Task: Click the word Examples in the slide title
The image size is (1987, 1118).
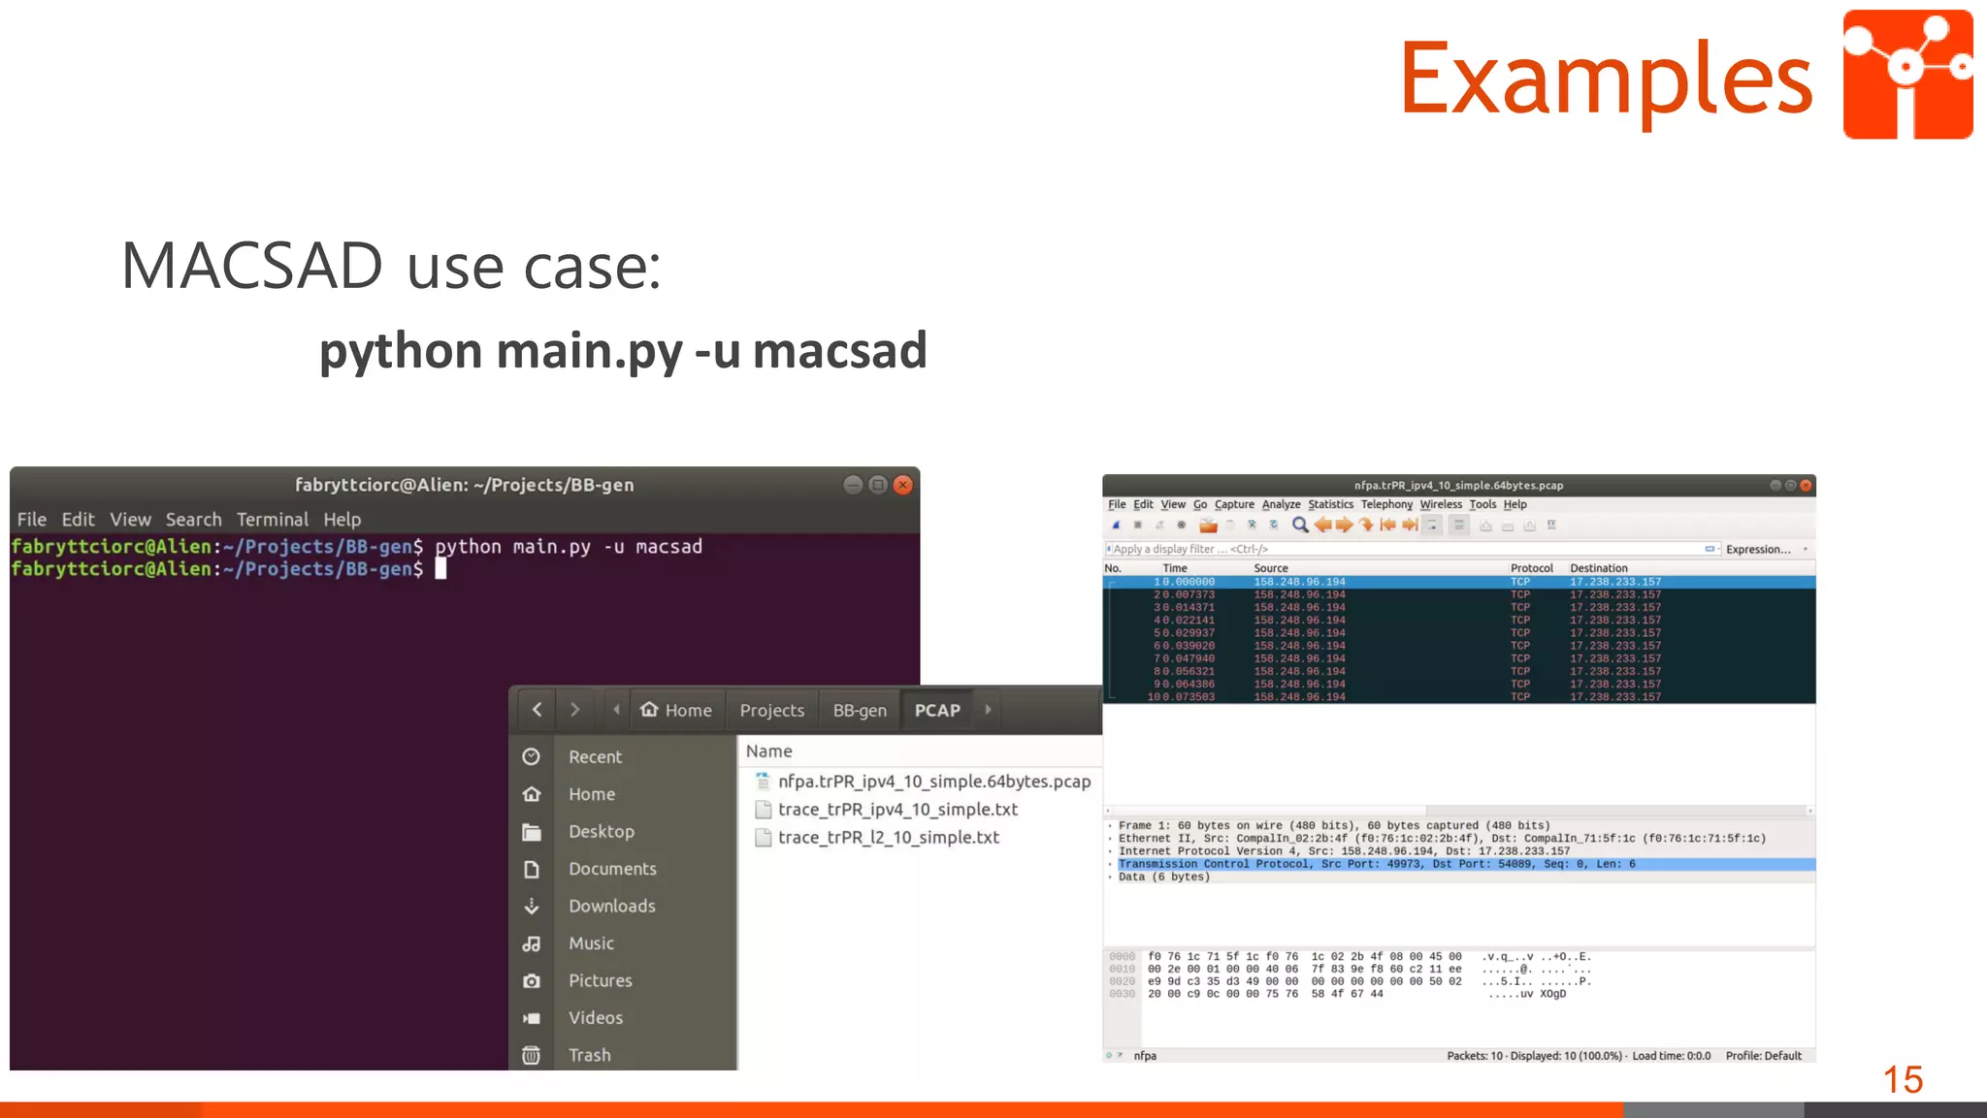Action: tap(1606, 78)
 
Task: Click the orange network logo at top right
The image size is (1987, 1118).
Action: tap(1906, 75)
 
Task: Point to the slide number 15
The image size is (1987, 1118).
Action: tap(1902, 1079)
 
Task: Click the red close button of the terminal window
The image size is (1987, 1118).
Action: tap(902, 485)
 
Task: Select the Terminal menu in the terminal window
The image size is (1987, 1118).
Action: tap(272, 520)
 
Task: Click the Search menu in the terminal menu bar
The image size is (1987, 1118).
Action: tap(193, 520)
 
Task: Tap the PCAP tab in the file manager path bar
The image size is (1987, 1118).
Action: tap(936, 711)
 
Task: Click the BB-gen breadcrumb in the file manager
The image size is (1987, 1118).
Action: tap(860, 711)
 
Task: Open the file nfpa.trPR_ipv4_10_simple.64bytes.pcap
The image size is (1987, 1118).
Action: tap(933, 782)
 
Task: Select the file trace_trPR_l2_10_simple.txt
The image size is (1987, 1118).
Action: tap(888, 838)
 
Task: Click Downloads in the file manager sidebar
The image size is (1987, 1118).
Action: tap(611, 907)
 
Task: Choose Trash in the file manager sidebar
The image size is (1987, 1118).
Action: tap(589, 1055)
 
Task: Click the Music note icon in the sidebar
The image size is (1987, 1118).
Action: tap(532, 943)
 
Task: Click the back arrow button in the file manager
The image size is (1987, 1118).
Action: tap(537, 710)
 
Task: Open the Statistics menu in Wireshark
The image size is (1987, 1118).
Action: tap(1329, 504)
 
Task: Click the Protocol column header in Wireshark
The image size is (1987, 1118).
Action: tap(1531, 568)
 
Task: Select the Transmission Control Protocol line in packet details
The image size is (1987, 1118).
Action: tap(1376, 864)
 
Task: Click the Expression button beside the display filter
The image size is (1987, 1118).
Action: tap(1757, 549)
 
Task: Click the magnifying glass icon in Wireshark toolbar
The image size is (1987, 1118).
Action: tap(1300, 526)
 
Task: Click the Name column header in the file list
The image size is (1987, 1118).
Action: tap(768, 751)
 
